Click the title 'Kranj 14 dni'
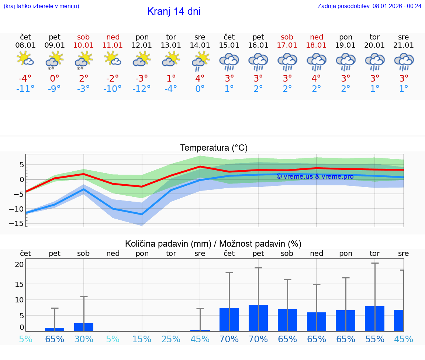click(x=174, y=11)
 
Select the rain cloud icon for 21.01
click(x=404, y=62)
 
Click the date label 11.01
click(x=113, y=45)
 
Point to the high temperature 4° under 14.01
click(x=200, y=79)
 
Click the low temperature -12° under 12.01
click(x=142, y=89)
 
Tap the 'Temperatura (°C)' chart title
click(x=214, y=148)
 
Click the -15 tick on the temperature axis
click(x=19, y=223)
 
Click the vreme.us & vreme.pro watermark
click(x=315, y=176)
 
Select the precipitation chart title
click(x=213, y=244)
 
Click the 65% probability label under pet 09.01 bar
click(x=55, y=339)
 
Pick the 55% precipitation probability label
click(x=375, y=339)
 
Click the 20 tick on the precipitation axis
click(x=19, y=264)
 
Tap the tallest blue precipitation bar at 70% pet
click(x=258, y=318)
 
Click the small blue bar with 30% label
click(x=84, y=327)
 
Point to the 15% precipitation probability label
click(x=142, y=339)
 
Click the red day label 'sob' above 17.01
click(x=287, y=37)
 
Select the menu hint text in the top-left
click(x=41, y=6)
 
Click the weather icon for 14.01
click(x=200, y=61)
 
